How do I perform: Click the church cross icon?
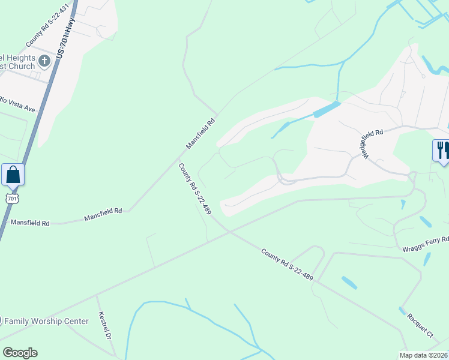44,61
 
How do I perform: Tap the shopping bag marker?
13,175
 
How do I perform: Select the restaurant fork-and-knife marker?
441,149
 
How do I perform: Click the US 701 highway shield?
13,197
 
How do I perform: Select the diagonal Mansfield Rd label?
200,134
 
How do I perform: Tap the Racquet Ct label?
420,323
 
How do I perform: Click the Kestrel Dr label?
105,328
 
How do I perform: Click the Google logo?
20,353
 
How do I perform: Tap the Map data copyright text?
423,355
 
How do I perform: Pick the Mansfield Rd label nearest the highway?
30,223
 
